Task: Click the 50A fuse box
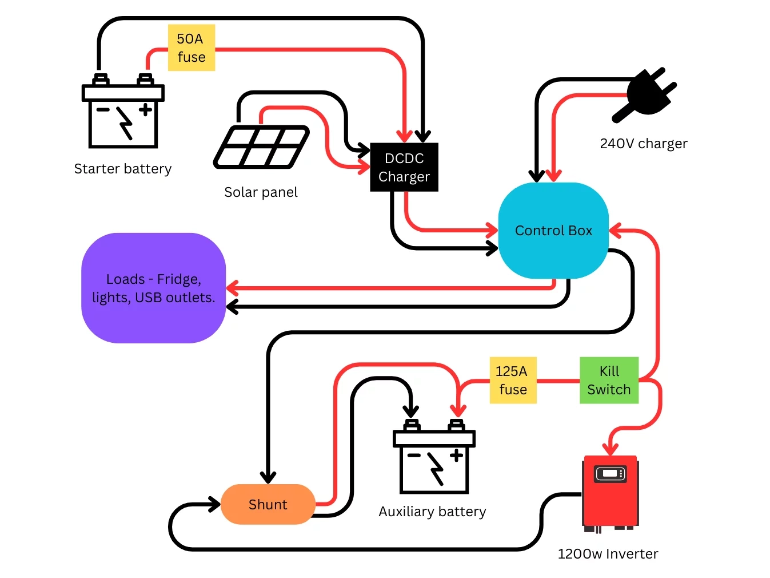191,48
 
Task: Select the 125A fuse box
512,381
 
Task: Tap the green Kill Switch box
608,381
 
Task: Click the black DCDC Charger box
404,167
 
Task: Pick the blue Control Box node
553,231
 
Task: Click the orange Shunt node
268,504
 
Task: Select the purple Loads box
153,288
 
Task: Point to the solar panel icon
261,147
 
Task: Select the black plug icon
646,95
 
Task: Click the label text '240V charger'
643,144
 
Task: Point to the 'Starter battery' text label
122,169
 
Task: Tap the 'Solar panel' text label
261,192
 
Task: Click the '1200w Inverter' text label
608,554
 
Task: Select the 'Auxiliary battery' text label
432,512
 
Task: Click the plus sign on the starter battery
146,109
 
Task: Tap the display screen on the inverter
610,473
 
